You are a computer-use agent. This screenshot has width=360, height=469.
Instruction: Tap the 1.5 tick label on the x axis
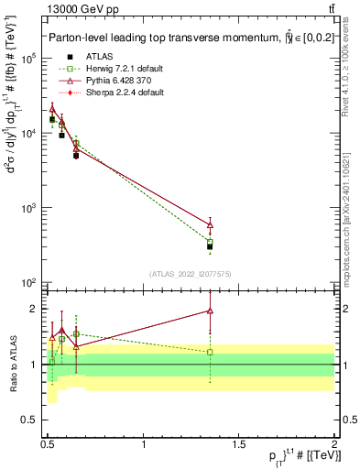240,444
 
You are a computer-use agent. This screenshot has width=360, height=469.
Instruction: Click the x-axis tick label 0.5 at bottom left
48,444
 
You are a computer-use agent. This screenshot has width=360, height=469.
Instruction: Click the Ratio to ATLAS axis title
13,365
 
